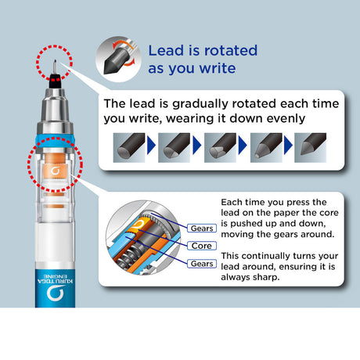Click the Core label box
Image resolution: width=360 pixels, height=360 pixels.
click(x=202, y=246)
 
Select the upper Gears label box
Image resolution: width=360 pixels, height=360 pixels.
click(x=202, y=229)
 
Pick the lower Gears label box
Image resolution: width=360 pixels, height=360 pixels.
click(x=202, y=264)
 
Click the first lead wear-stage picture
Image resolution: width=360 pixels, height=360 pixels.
click(x=129, y=148)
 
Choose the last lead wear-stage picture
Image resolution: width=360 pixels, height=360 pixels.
click(x=310, y=148)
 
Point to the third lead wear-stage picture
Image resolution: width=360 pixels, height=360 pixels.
click(x=220, y=148)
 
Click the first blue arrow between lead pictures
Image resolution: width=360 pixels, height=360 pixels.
click(x=152, y=145)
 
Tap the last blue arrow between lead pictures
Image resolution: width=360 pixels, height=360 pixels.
click(x=288, y=145)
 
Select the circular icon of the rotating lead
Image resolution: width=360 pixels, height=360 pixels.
click(x=118, y=59)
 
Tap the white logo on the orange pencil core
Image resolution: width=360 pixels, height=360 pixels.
click(x=55, y=171)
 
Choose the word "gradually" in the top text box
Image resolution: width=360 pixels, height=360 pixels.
click(x=200, y=104)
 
